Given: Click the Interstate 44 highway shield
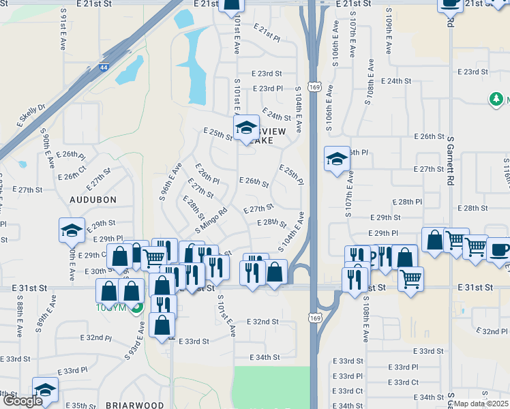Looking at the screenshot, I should pyautogui.click(x=104, y=68).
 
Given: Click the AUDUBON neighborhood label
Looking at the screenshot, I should pyautogui.click(x=93, y=200).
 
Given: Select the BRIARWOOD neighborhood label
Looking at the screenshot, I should pyautogui.click(x=135, y=405).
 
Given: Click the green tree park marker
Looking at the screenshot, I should pyautogui.click(x=496, y=100).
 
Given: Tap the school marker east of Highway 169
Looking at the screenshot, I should pyautogui.click(x=337, y=159).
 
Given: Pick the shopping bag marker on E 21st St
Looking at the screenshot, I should pyautogui.click(x=231, y=6).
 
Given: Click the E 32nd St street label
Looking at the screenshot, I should pyautogui.click(x=262, y=321).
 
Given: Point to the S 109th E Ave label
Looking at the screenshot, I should pyautogui.click(x=387, y=32).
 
